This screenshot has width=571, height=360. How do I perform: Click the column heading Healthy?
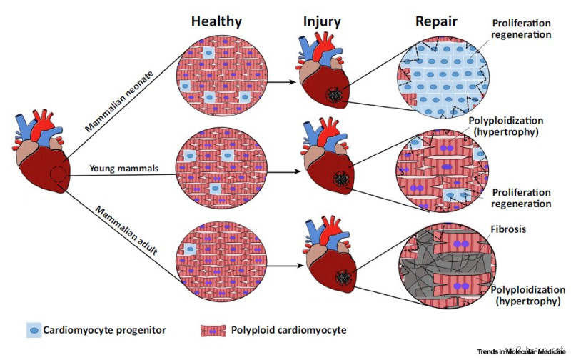[217, 21]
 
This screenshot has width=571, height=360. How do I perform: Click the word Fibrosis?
[509, 230]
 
